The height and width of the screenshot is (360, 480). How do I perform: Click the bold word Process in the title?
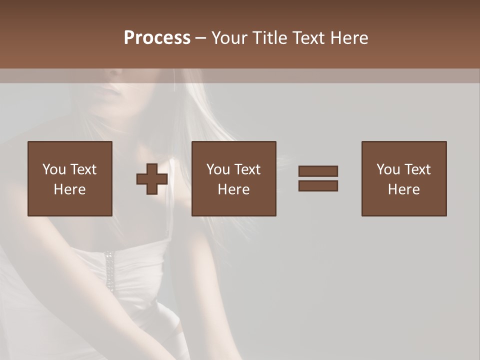pos(157,38)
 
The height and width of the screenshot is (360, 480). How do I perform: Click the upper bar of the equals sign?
pos(318,171)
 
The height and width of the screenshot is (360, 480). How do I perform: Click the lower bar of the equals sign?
pos(318,186)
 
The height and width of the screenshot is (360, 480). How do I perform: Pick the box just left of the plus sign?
pos(70,178)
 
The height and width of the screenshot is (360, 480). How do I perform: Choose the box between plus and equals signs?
pos(233,178)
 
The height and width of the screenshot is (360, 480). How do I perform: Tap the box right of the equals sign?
pos(404,178)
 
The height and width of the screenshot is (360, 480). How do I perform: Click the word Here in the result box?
pos(404,189)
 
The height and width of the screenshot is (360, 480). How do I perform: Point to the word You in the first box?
pos(53,169)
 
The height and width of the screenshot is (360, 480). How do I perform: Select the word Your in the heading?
pos(229,38)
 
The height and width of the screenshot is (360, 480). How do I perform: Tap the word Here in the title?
pos(349,38)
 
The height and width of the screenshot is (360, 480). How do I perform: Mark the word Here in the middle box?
pos(233,189)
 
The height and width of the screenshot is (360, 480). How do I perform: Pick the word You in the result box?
pos(387,169)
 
